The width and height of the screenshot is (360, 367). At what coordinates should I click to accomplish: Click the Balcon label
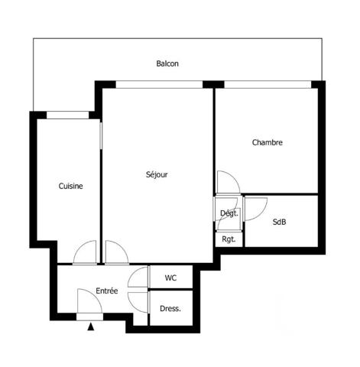pyautogui.click(x=167, y=64)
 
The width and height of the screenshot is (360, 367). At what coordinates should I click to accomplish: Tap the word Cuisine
pyautogui.click(x=70, y=186)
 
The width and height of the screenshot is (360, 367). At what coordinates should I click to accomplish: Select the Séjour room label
pyautogui.click(x=157, y=174)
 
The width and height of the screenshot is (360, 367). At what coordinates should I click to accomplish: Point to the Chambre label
pyautogui.click(x=268, y=142)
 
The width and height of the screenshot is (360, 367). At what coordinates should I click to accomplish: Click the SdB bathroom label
pyautogui.click(x=280, y=222)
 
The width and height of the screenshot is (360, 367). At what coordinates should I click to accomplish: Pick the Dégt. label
pyautogui.click(x=229, y=213)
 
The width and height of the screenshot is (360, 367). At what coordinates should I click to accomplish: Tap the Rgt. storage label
pyautogui.click(x=228, y=239)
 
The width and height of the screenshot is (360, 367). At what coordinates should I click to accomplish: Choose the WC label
pyautogui.click(x=171, y=278)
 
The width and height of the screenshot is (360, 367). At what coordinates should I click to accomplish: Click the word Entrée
pyautogui.click(x=106, y=291)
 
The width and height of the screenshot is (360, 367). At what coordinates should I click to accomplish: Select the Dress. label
pyautogui.click(x=170, y=309)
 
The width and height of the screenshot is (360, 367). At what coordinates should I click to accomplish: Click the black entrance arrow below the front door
pyautogui.click(x=91, y=327)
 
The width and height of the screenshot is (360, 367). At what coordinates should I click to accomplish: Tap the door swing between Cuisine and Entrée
pyautogui.click(x=86, y=252)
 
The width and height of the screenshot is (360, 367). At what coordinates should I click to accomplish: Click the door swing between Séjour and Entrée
pyautogui.click(x=115, y=252)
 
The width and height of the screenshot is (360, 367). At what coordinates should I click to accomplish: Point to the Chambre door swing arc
pyautogui.click(x=227, y=182)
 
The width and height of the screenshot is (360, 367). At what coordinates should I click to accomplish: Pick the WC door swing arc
pyautogui.click(x=139, y=277)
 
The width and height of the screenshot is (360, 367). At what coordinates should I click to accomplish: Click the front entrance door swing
pyautogui.click(x=89, y=301)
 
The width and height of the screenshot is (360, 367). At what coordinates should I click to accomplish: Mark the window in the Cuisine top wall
pyautogui.click(x=68, y=115)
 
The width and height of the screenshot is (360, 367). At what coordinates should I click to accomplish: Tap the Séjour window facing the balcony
pyautogui.click(x=158, y=83)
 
